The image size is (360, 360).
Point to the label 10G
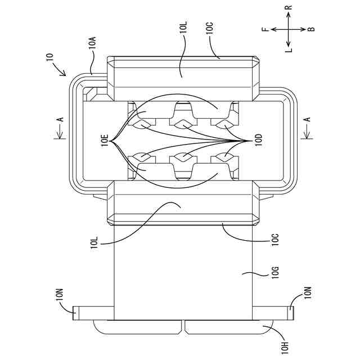coord(276,274)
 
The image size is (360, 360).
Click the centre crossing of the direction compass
coord(288,29)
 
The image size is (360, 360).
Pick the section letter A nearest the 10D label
coord(307,119)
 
